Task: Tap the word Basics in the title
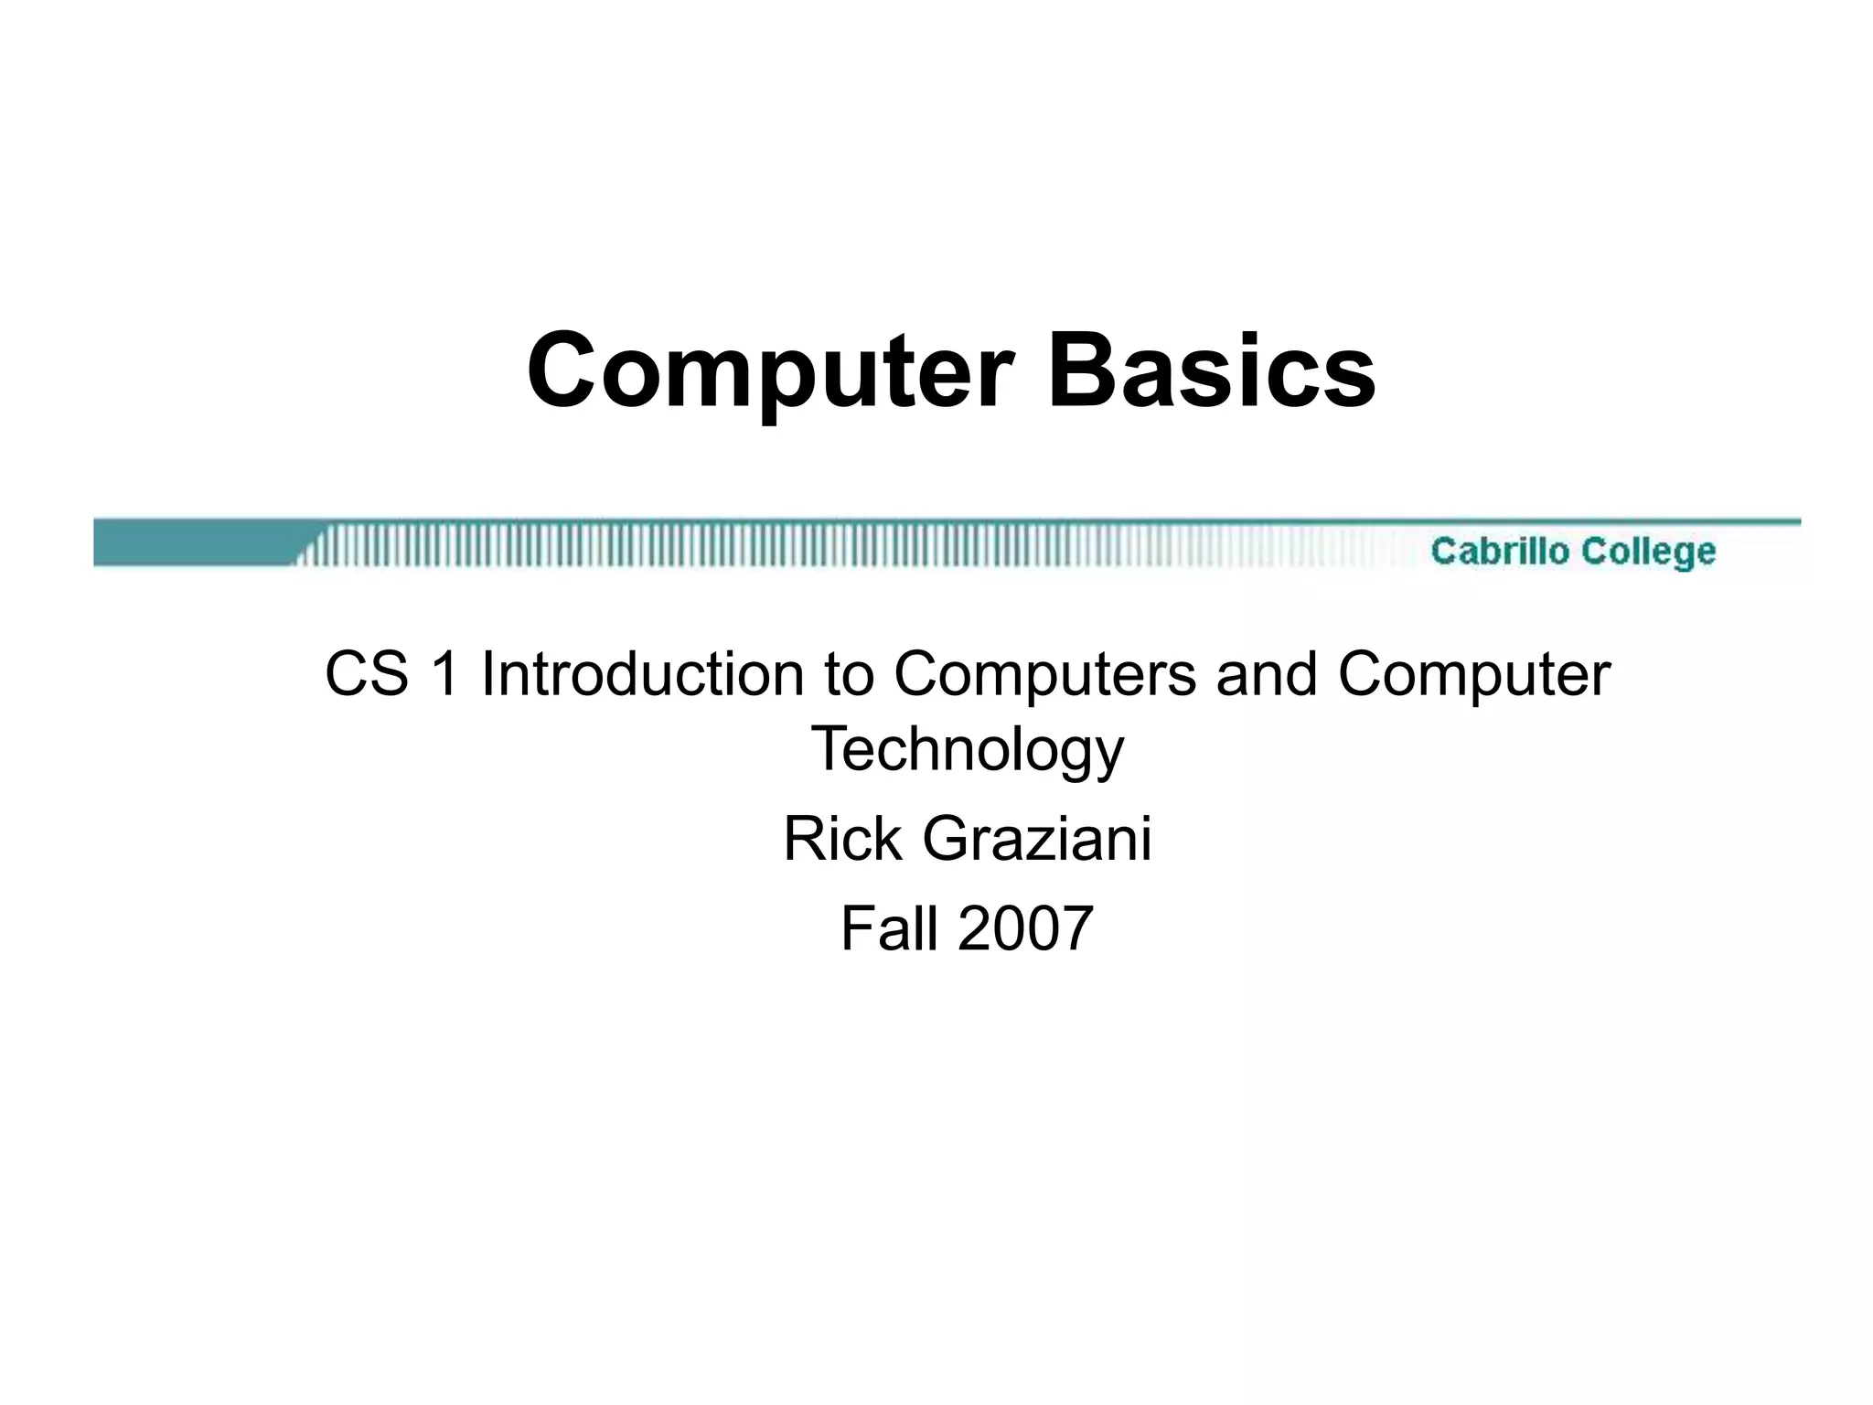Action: tap(1211, 371)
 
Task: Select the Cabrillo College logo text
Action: tap(1573, 551)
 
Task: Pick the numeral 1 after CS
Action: tap(445, 674)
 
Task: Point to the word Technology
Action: tap(967, 750)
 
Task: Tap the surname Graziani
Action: tap(1036, 841)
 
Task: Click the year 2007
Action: tap(1025, 928)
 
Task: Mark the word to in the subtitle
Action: tap(851, 674)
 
